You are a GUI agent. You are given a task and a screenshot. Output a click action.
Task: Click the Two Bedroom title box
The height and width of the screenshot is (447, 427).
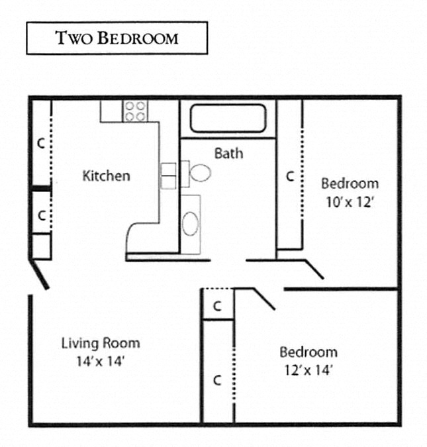117,38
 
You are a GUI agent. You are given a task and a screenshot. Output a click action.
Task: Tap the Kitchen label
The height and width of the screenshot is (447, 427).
106,175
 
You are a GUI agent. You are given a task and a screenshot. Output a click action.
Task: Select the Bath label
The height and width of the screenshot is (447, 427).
228,153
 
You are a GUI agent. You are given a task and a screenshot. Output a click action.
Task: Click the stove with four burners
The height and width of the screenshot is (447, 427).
135,111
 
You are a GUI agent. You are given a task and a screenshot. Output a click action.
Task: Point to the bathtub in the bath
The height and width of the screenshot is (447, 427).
228,119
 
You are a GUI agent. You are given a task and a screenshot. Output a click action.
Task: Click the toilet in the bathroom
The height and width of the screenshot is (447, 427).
198,173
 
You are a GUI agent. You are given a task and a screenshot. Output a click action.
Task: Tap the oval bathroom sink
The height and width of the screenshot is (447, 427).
191,224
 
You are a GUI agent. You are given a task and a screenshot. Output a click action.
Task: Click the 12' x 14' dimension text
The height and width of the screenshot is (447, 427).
307,371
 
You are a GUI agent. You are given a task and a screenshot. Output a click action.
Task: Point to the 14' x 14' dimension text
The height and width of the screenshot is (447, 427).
101,362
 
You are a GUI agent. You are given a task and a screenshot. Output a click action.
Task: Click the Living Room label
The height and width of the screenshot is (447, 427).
101,343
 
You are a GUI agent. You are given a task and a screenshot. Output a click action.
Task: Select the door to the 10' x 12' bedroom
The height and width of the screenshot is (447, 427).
312,268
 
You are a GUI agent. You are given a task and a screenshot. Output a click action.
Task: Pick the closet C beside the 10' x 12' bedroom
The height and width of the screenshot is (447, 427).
289,176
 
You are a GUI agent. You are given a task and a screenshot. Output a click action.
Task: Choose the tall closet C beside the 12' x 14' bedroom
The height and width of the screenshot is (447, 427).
217,379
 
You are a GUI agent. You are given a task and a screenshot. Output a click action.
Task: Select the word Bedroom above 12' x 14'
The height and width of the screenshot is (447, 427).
308,352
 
